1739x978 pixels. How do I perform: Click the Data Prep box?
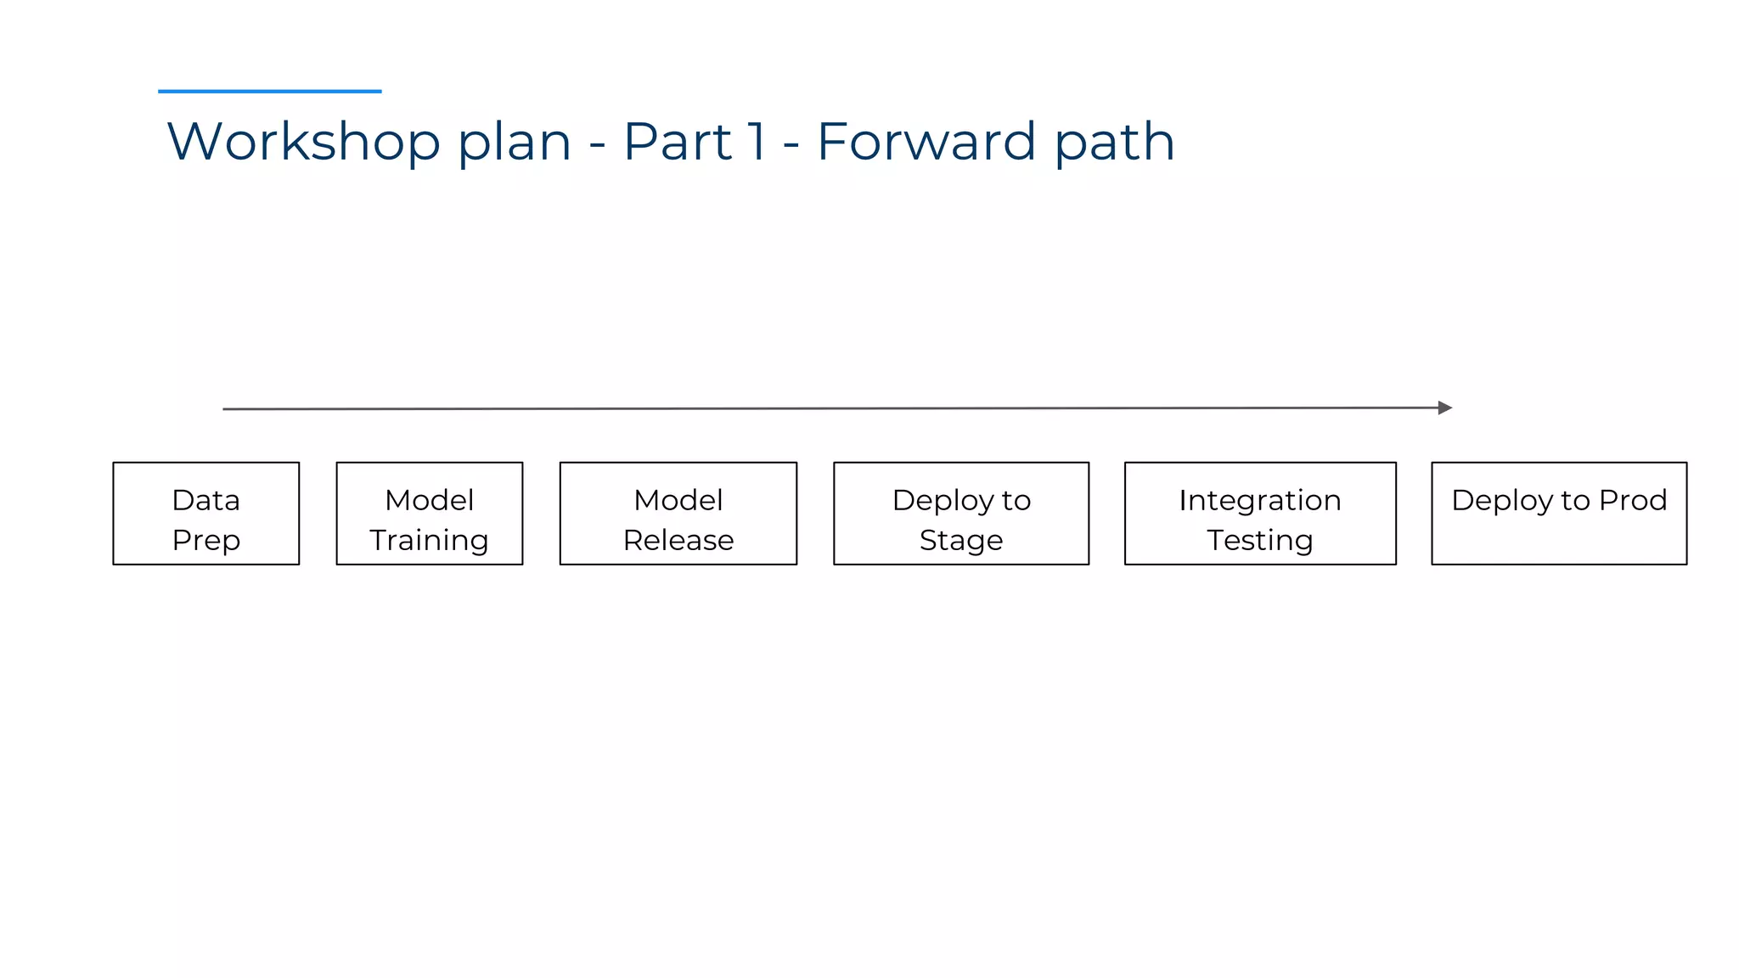coord(205,513)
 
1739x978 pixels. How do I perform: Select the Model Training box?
coord(429,513)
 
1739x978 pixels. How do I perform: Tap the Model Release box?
coord(678,513)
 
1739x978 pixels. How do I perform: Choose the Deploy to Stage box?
coord(960,513)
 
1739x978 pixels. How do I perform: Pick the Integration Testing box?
coord(1259,513)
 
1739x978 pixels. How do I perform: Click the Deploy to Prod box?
coord(1558,513)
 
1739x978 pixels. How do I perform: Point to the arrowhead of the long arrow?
coord(1444,407)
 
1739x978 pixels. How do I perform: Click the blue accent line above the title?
coord(269,91)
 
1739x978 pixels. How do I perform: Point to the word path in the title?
coord(1114,143)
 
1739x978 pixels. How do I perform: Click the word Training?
coord(429,541)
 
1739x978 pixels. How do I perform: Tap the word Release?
coord(678,540)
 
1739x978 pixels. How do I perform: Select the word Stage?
coord(960,541)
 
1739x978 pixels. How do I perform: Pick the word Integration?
coord(1259,501)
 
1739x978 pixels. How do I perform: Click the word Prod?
coord(1632,500)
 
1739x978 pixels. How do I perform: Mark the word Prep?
coord(205,541)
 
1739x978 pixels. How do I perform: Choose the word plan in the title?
coord(514,143)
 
